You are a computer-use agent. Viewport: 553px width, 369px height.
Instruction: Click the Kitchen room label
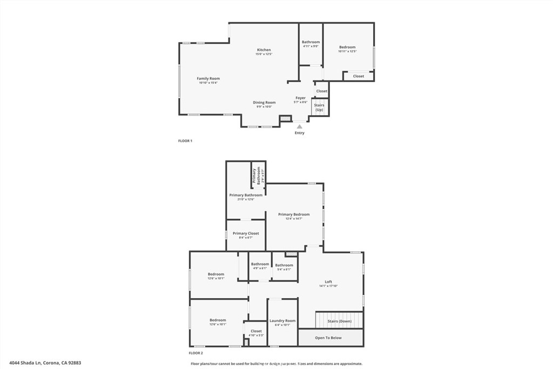click(x=264, y=50)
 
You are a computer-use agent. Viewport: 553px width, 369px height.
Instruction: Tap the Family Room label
click(x=208, y=78)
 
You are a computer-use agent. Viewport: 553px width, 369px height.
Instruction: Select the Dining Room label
click(x=264, y=102)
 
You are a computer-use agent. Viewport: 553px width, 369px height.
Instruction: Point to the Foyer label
click(x=300, y=98)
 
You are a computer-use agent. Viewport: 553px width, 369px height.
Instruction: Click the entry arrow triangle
click(x=300, y=126)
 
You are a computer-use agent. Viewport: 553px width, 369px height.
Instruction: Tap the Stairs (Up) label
click(x=319, y=107)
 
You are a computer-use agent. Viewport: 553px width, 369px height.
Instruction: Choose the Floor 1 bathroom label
click(x=311, y=42)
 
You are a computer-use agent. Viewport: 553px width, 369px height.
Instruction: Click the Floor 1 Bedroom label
click(x=347, y=47)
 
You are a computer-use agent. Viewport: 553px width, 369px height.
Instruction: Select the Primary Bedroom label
click(x=294, y=214)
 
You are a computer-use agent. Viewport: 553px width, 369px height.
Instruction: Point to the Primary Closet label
click(x=246, y=233)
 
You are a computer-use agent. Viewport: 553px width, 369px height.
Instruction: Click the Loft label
click(x=328, y=282)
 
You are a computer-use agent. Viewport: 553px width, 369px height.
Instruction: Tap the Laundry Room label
click(x=282, y=321)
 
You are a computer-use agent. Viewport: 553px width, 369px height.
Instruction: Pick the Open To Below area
click(x=328, y=338)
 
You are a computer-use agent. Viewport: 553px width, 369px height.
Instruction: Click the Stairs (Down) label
click(x=340, y=321)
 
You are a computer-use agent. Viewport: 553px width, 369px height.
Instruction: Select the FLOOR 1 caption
click(x=185, y=141)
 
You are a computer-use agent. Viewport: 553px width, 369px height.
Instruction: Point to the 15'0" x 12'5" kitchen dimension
click(x=264, y=54)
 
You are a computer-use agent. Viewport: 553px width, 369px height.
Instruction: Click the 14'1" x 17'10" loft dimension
click(x=328, y=286)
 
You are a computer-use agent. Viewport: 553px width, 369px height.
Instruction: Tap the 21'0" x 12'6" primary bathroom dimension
click(x=246, y=199)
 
